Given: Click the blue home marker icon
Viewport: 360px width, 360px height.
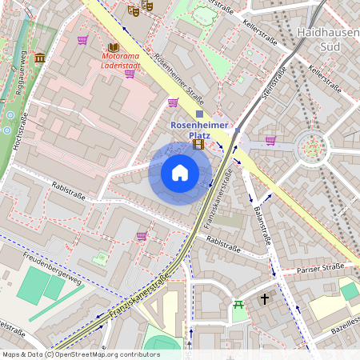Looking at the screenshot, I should [180, 173].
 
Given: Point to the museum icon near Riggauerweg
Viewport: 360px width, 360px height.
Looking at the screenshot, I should [40, 58].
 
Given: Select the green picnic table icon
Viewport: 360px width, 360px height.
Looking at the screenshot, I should [238, 304].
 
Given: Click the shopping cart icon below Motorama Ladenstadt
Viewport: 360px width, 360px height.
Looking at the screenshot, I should [130, 74].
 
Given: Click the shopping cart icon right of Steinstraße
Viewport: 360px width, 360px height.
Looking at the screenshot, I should [270, 141].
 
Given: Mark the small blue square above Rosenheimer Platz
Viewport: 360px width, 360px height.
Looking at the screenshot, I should [199, 114].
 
